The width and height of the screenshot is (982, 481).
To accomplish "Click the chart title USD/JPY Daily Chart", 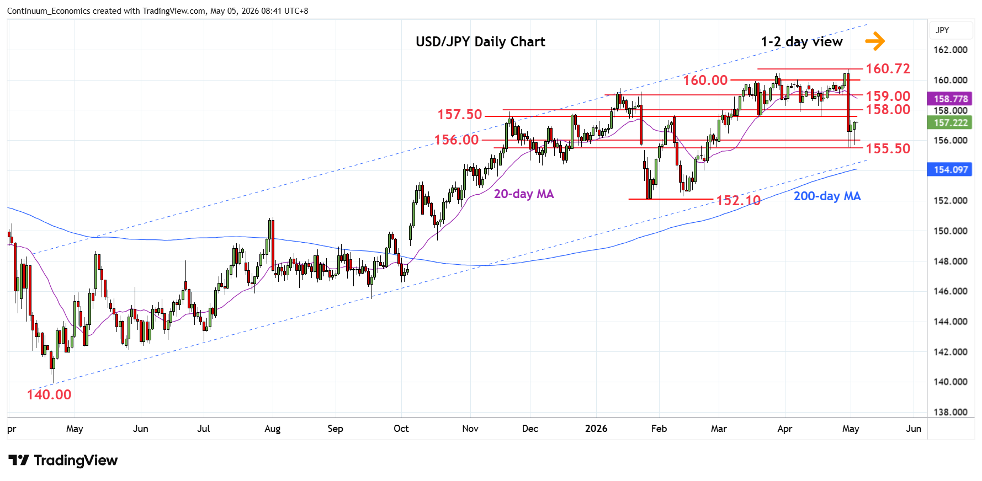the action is coord(480,42).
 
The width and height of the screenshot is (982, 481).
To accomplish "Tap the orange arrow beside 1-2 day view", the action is coord(874,41).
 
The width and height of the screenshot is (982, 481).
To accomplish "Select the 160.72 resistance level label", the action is coord(888,68).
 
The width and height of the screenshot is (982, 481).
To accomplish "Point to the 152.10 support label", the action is coord(739,200).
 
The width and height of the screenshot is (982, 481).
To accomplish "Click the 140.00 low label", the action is coord(49,394).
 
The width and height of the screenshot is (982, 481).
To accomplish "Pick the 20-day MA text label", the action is coord(524,194).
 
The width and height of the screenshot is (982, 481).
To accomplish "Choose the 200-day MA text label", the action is coord(827,196).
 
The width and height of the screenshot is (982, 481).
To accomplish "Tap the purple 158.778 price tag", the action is coord(951,99).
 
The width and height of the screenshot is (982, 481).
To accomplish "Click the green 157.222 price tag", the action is coord(951,122).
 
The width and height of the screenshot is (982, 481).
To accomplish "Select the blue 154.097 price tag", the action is coord(951,169).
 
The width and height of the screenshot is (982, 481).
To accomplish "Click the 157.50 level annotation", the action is coord(460,114).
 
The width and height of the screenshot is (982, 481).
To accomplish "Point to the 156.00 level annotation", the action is coord(457,140).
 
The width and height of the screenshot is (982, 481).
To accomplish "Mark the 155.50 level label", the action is coord(888,148).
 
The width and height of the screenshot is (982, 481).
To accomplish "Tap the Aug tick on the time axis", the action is coord(273,429).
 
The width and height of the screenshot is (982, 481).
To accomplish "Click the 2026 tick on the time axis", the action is coord(596,429).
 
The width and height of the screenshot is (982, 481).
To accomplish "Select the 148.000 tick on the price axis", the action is coord(951,261).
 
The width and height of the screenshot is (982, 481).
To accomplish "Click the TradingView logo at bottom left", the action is coord(63,460).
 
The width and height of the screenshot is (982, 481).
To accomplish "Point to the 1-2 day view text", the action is coord(801,42).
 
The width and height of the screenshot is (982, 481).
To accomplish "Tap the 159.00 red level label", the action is coord(888,96).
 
